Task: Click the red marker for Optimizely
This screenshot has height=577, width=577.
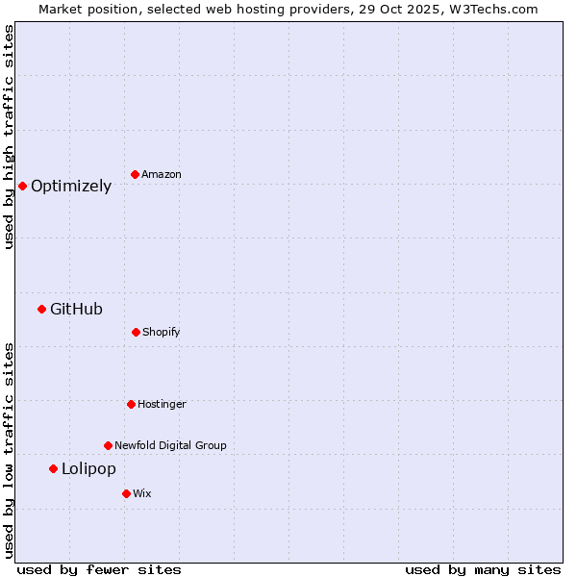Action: [22, 186]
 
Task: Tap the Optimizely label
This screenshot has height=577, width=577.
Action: [71, 187]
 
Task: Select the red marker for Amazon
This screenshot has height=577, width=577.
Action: [135, 174]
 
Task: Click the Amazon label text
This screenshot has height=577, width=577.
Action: [162, 175]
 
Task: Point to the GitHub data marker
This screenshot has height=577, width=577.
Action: [41, 309]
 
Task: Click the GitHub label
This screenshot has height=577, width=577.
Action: [76, 310]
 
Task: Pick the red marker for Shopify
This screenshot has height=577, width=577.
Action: [136, 332]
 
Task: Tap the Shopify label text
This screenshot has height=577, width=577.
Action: [162, 333]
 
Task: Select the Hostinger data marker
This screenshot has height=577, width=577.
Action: [131, 404]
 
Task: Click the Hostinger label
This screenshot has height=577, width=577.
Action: [162, 405]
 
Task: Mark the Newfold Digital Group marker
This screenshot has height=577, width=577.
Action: [108, 445]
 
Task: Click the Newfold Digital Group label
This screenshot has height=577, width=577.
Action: [170, 446]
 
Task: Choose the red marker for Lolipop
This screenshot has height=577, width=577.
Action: [53, 468]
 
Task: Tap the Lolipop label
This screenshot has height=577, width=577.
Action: [88, 469]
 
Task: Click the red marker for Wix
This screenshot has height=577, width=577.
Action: [126, 493]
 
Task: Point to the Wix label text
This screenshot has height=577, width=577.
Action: [142, 494]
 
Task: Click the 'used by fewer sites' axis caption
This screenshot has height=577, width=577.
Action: [99, 570]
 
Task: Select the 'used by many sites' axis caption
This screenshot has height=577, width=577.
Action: [483, 570]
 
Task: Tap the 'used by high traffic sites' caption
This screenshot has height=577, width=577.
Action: [10, 137]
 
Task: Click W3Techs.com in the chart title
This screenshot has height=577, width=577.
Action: [493, 9]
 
